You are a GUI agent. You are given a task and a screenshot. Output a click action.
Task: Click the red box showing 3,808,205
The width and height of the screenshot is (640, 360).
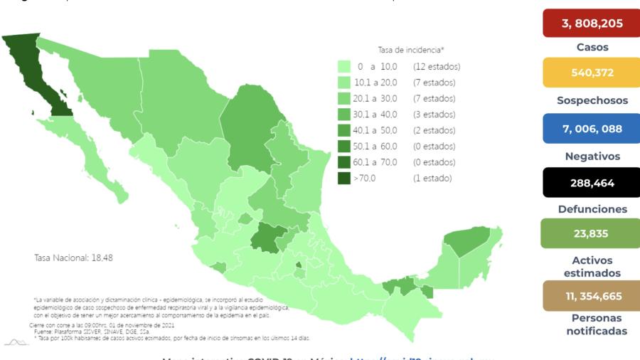(592, 23)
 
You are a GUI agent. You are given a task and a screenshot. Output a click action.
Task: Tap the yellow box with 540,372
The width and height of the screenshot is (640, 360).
(592, 72)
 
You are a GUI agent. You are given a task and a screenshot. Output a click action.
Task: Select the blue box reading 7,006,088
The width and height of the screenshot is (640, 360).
(592, 128)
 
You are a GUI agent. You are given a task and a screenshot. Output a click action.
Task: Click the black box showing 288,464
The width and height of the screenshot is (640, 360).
(592, 183)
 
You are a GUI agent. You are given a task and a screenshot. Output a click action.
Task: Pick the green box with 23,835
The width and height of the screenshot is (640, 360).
(592, 233)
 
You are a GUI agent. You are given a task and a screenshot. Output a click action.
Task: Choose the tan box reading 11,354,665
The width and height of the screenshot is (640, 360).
(592, 295)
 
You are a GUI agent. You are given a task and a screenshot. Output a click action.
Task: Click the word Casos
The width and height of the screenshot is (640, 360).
(592, 47)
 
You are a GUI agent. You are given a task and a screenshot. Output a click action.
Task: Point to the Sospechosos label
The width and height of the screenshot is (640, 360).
(592, 100)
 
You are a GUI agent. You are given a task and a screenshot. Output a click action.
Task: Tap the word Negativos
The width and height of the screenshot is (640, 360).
(592, 156)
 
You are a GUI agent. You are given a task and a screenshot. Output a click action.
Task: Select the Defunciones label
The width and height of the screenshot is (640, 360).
(592, 209)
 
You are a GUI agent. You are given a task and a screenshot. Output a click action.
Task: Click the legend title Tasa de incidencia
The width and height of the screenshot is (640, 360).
(411, 51)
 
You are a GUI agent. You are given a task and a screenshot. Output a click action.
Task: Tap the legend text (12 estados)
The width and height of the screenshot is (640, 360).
(437, 66)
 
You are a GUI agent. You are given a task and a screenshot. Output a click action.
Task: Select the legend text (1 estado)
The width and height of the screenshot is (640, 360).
(432, 179)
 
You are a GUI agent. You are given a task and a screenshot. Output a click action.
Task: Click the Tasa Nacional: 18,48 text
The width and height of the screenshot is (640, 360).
(73, 258)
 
